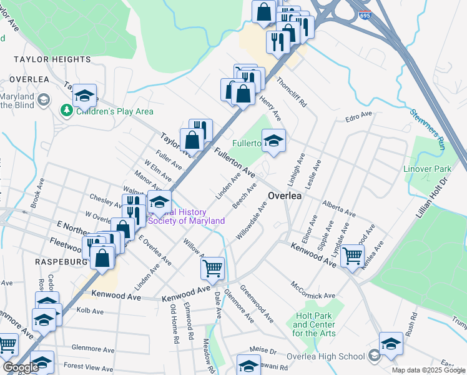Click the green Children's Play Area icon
click(x=66, y=111)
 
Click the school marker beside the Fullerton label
click(x=273, y=141)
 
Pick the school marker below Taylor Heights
click(x=84, y=96)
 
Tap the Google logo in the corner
click(x=20, y=367)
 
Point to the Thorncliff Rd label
click(x=291, y=92)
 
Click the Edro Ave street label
click(x=358, y=117)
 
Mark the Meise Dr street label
click(x=262, y=352)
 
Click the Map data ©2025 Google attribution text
click(x=428, y=370)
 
